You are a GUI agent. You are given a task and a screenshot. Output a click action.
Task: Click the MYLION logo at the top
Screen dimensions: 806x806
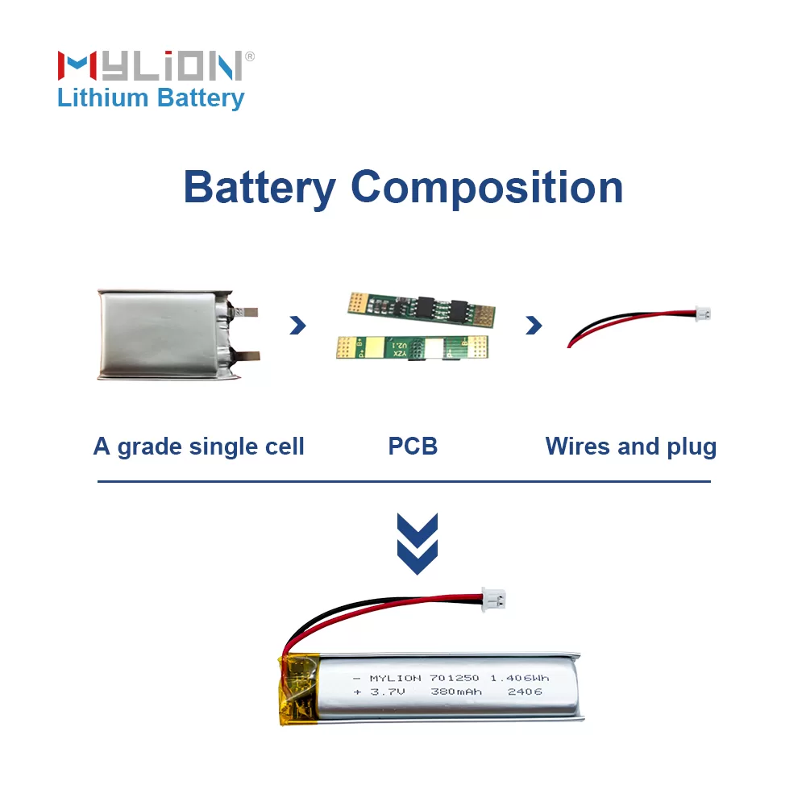(150, 65)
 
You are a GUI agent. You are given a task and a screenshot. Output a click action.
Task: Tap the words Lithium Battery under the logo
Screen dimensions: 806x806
(151, 98)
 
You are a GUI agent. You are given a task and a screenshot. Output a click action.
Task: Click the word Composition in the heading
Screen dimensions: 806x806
(487, 188)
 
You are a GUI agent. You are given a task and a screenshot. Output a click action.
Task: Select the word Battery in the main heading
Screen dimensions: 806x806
(259, 188)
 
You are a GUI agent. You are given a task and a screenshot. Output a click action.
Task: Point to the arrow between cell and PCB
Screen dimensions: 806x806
(298, 325)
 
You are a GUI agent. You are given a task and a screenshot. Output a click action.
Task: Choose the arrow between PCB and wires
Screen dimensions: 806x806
(534, 325)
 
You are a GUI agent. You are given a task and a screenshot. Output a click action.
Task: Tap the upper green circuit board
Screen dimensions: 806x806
(420, 307)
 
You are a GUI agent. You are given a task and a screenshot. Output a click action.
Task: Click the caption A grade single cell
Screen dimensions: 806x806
(199, 447)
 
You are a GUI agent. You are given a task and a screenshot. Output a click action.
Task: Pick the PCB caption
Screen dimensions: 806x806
(413, 447)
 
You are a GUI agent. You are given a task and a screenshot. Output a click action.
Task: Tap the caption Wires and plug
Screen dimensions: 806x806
(630, 447)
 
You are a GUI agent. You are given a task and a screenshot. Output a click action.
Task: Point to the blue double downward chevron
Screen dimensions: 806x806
(418, 543)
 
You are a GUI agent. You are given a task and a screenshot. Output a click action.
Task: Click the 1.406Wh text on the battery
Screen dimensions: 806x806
(520, 678)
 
